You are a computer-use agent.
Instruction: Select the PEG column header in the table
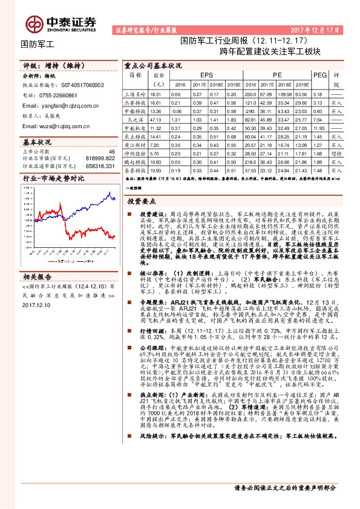click(x=320, y=75)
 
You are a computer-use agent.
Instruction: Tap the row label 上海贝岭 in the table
click(x=135, y=95)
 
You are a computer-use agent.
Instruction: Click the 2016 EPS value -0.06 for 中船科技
click(x=177, y=112)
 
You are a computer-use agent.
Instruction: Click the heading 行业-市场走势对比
click(x=53, y=179)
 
